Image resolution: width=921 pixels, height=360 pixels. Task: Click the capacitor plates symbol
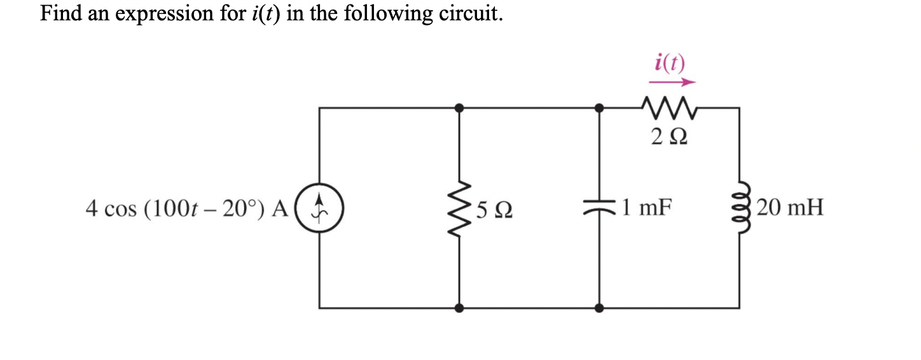pyautogui.click(x=599, y=208)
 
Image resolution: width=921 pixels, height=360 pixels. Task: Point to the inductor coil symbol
pyautogui.click(x=738, y=208)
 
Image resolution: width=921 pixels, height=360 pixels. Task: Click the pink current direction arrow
pyautogui.click(x=672, y=82)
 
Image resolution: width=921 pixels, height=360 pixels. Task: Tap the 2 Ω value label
pyautogui.click(x=668, y=136)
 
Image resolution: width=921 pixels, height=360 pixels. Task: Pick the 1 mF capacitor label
pyautogui.click(x=647, y=207)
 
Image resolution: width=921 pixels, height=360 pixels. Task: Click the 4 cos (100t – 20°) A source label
pyautogui.click(x=187, y=208)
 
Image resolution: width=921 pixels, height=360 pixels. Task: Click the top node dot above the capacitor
pyautogui.click(x=599, y=108)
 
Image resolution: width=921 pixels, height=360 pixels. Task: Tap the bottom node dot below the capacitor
pyautogui.click(x=599, y=308)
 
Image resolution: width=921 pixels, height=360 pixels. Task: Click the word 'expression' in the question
pyautogui.click(x=160, y=13)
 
